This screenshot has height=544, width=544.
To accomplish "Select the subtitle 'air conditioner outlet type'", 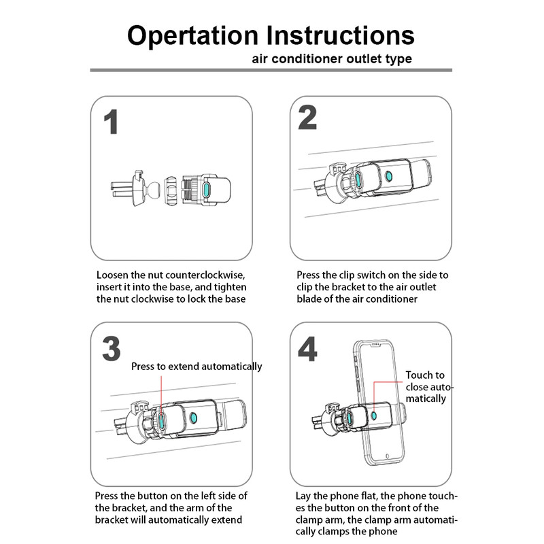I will pos(331,58).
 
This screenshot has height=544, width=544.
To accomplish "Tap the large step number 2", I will pos(307,118).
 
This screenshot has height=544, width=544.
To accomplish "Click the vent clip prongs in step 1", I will pos(122,187).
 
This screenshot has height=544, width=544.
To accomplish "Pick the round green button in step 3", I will pos(194,418).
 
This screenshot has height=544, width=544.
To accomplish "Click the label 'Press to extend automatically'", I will pos(197,367).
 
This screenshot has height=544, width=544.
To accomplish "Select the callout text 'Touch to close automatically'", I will pos(426,386).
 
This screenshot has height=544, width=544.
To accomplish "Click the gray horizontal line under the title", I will pos(271,70).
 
